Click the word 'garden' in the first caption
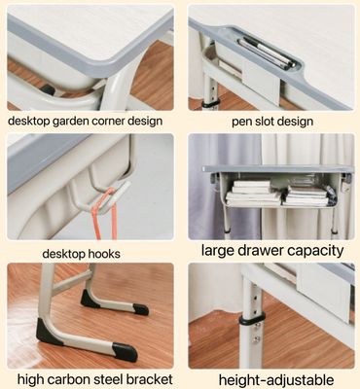[70, 122]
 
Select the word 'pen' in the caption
[240, 123]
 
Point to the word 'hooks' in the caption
[104, 254]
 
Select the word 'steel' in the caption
[106, 378]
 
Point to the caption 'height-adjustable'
[276, 380]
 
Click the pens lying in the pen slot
[267, 53]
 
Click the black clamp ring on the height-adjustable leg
[252, 319]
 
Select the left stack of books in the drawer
[253, 194]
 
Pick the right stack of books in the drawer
[306, 195]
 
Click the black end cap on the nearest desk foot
[126, 352]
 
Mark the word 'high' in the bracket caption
[29, 378]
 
